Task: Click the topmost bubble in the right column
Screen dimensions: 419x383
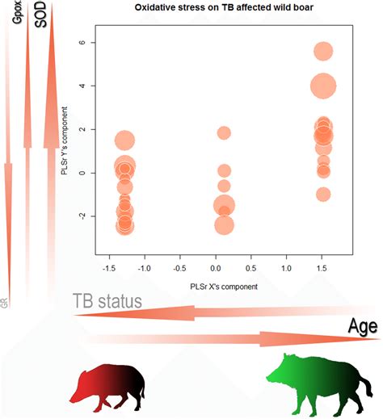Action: [323, 52]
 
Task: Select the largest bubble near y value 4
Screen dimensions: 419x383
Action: [323, 85]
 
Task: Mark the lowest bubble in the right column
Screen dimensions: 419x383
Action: [323, 194]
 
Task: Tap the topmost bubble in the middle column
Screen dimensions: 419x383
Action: [224, 132]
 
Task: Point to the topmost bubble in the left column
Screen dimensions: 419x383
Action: [124, 140]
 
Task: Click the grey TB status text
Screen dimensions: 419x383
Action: [107, 301]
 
